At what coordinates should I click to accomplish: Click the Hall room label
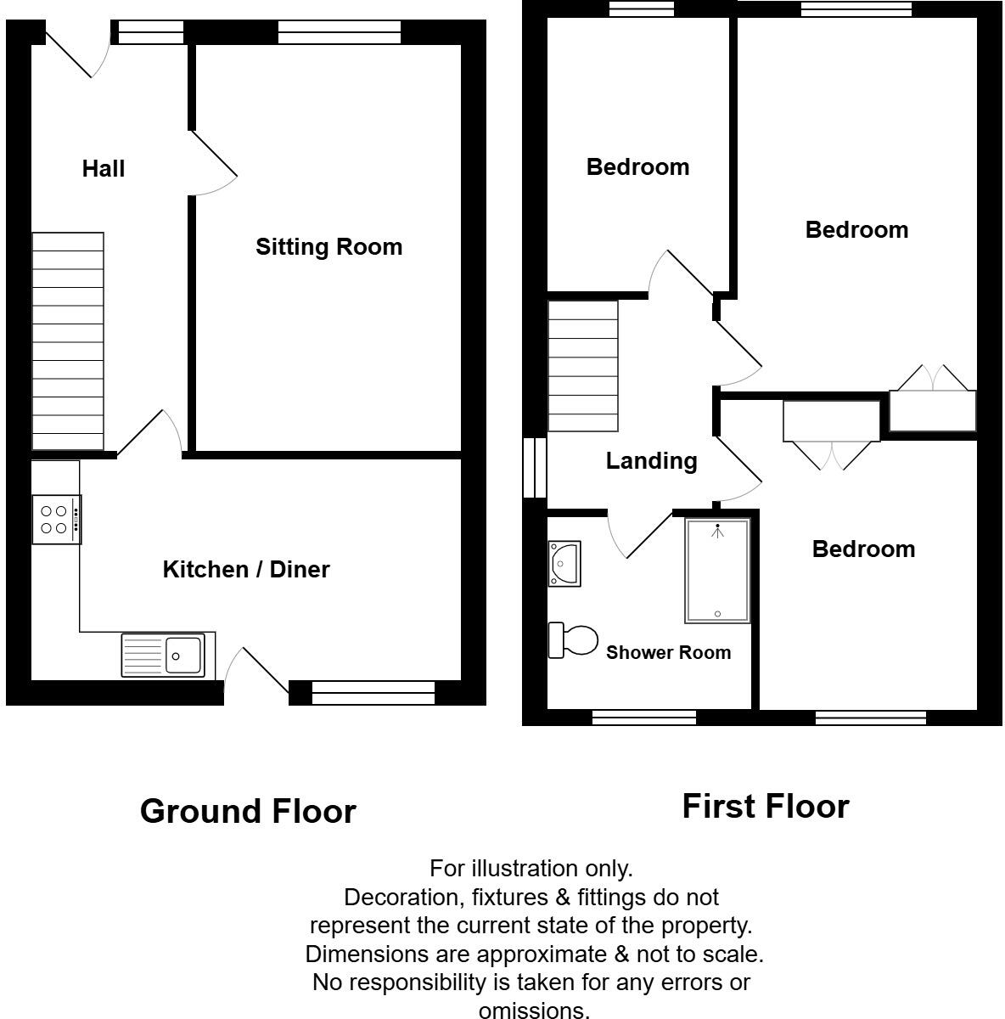104,169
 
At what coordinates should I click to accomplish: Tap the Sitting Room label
328,247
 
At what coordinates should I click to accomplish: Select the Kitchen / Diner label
246,569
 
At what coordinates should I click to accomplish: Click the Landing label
651,461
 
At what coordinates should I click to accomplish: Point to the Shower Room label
668,652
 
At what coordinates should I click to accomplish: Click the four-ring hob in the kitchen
56,520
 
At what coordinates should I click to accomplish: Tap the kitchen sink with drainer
163,656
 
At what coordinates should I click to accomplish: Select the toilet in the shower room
573,640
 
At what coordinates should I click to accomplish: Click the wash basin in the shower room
564,564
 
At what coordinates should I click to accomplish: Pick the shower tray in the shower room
718,571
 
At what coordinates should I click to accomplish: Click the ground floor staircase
68,341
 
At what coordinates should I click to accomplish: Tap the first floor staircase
583,367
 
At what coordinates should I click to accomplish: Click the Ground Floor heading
248,812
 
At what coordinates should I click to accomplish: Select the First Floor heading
765,807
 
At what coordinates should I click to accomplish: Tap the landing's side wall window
534,467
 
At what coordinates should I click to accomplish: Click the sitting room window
339,32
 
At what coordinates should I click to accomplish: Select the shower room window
643,718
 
